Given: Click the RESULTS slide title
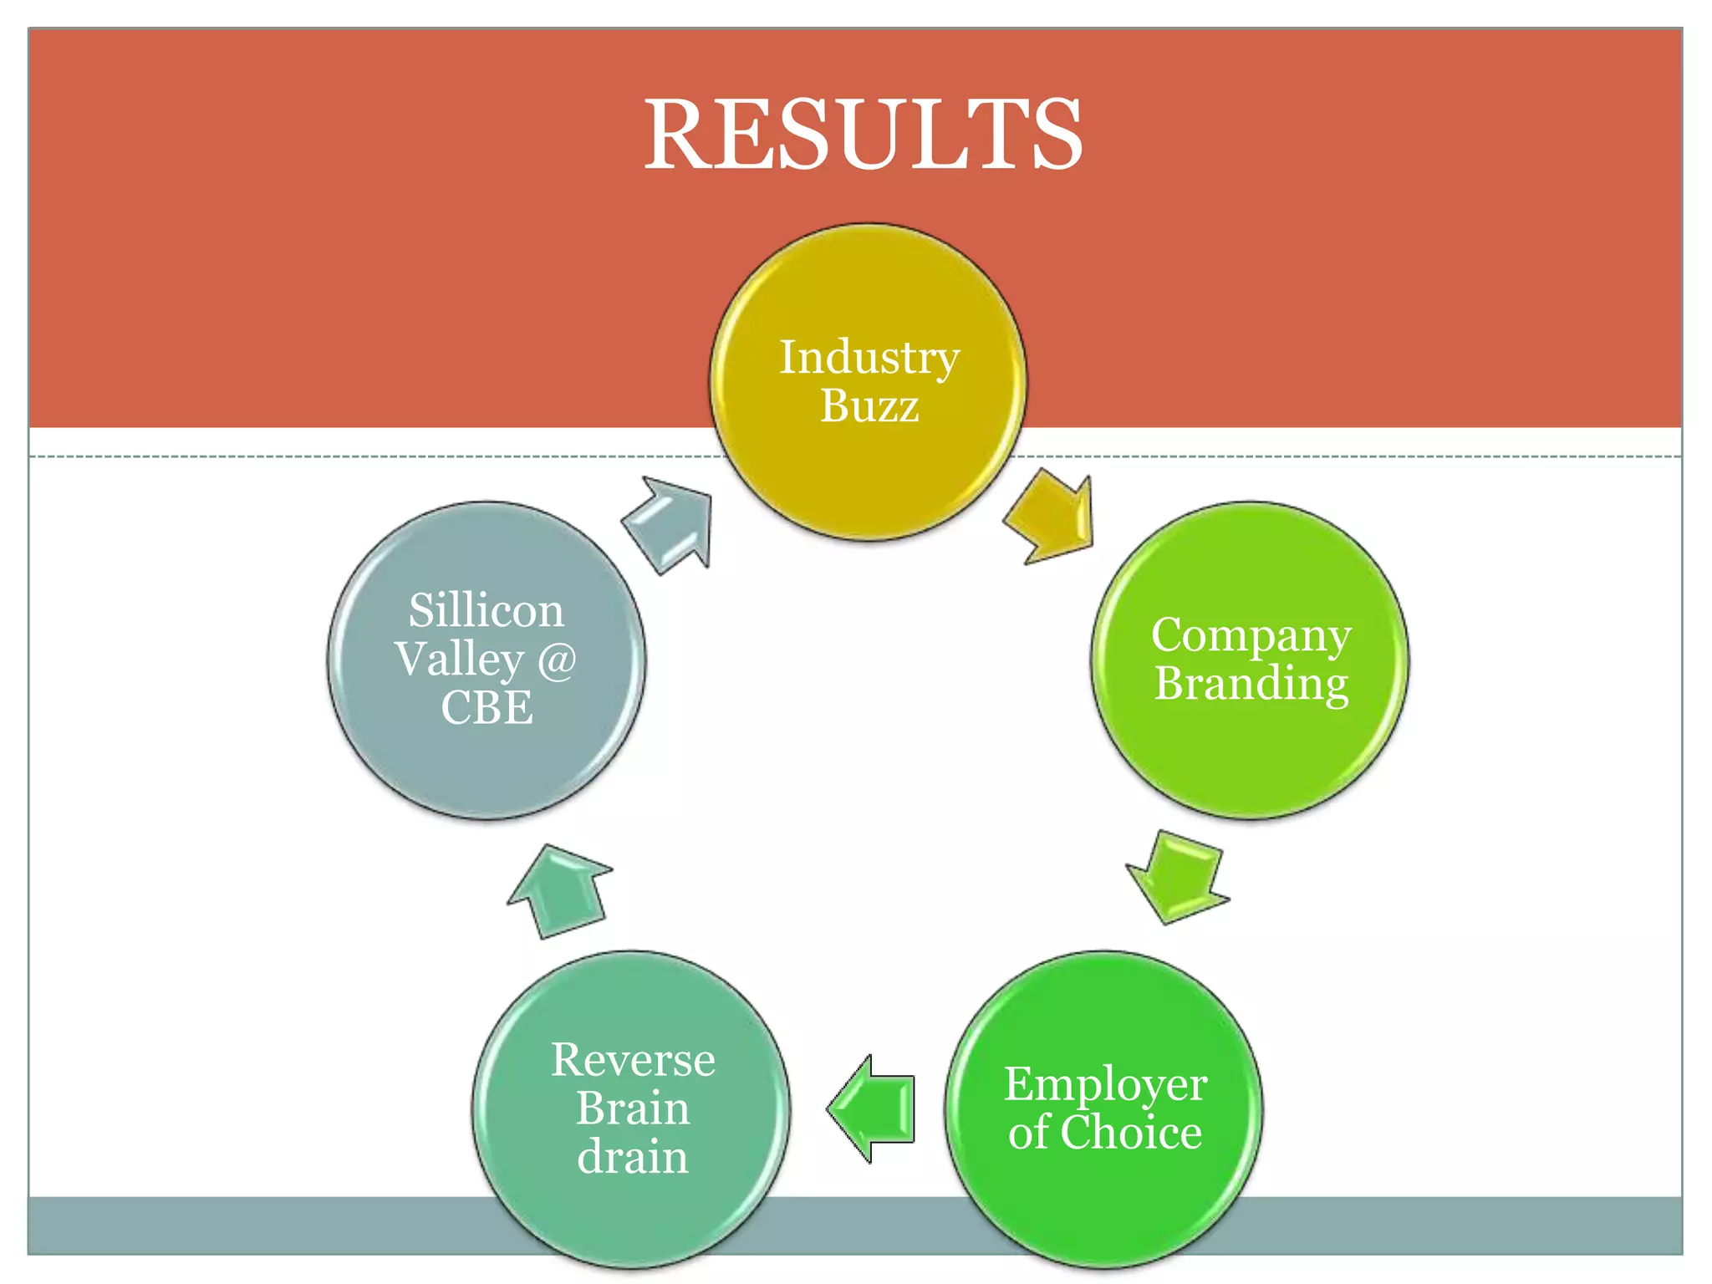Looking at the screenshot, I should (x=863, y=134).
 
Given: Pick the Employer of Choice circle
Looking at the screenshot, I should (x=1103, y=1195).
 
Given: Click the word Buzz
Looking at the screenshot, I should (x=869, y=406).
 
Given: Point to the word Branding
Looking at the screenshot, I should (x=1251, y=684).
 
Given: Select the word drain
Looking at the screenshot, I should (x=632, y=1157).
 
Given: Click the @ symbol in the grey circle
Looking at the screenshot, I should (x=556, y=660).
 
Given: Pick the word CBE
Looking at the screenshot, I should (x=487, y=707).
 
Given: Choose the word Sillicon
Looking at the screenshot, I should (x=486, y=610).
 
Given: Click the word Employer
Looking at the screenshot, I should (x=1104, y=1084).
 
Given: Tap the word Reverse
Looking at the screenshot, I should (x=633, y=1060).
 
